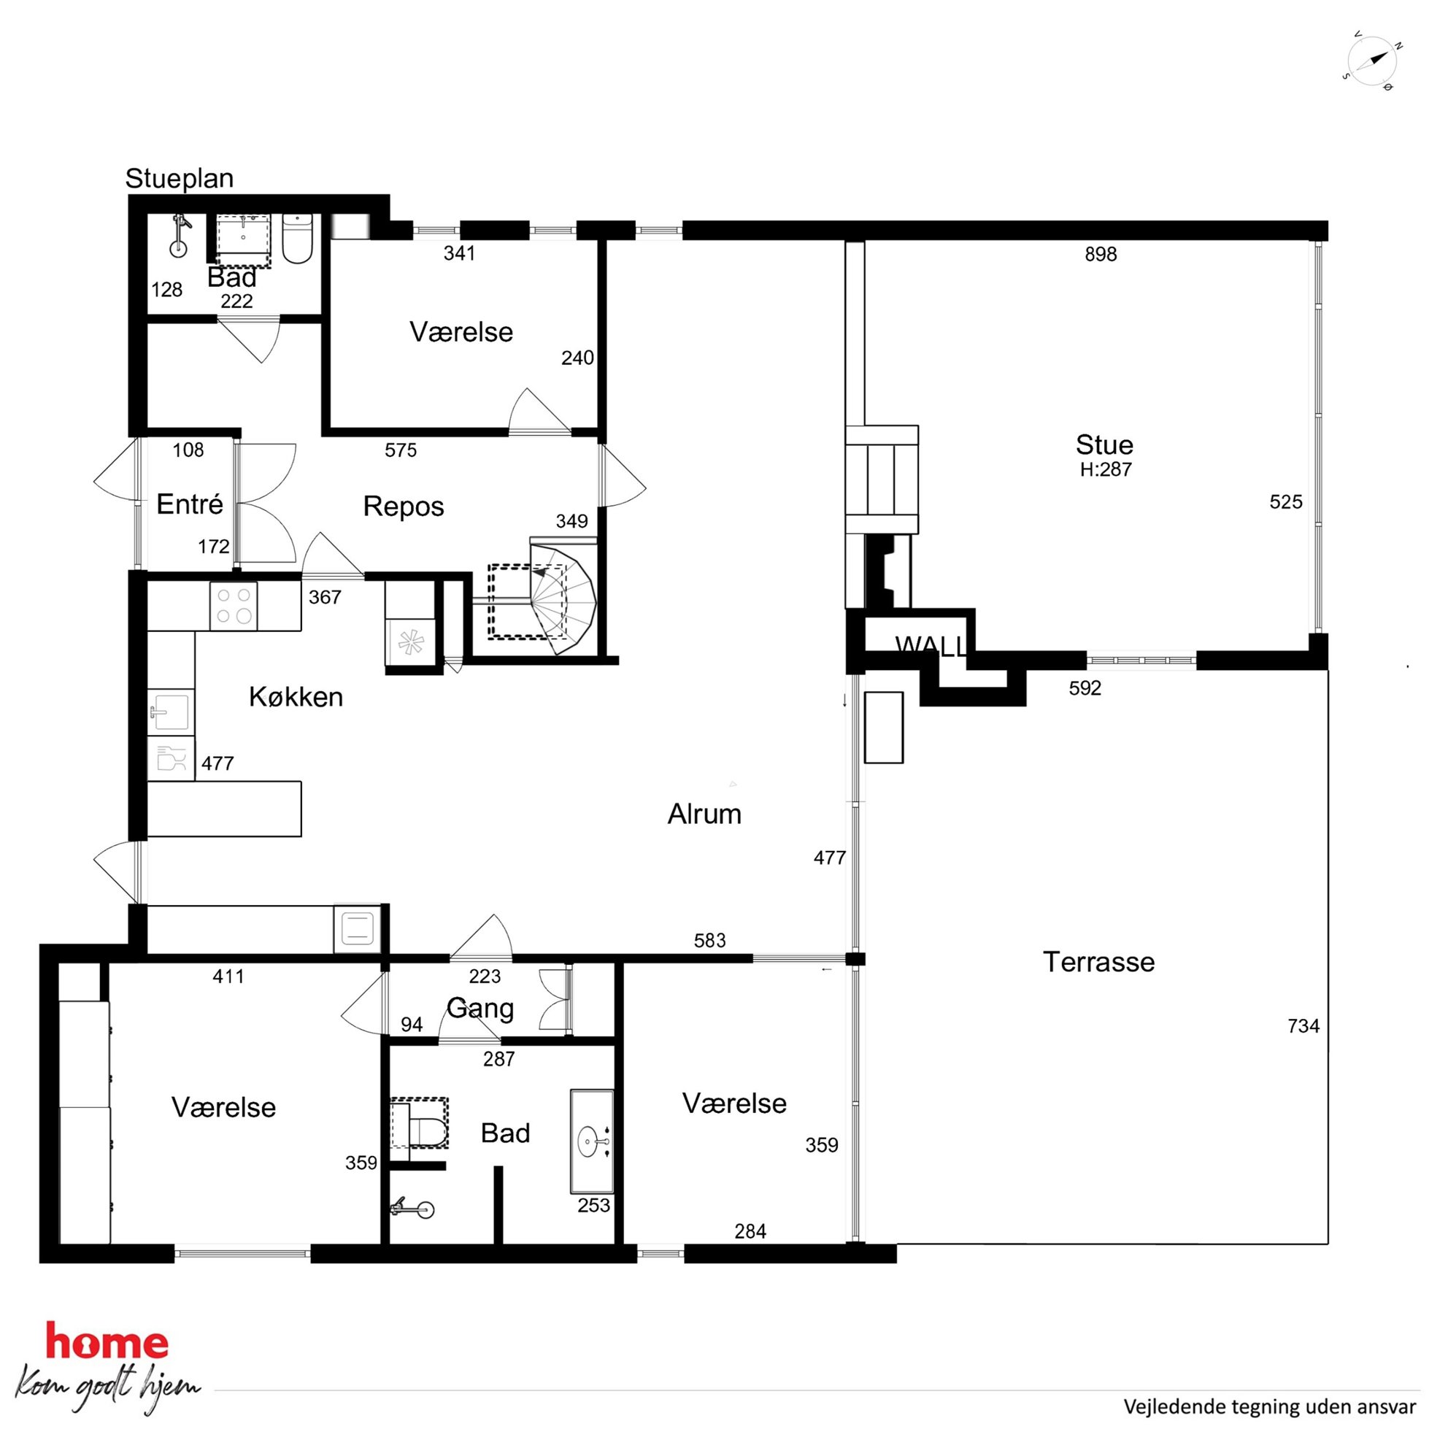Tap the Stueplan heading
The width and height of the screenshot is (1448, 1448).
179,178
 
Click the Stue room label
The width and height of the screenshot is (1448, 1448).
1104,444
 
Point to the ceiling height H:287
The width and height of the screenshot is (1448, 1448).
1106,470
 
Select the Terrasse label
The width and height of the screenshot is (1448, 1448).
1098,962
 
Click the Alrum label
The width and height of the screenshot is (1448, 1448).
704,814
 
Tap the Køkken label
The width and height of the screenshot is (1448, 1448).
296,697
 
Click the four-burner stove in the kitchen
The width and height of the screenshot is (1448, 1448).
234,606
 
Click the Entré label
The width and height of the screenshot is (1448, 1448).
190,504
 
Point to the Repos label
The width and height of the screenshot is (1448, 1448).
403,507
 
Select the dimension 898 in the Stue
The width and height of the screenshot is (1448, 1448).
1101,255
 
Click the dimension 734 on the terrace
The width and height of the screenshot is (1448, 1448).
1303,1026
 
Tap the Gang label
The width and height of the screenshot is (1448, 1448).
480,1009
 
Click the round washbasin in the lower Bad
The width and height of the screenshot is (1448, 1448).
592,1142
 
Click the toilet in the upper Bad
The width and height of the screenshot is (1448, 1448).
297,239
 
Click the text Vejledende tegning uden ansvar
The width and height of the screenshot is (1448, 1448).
1269,1407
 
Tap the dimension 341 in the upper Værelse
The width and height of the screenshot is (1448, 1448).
459,253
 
